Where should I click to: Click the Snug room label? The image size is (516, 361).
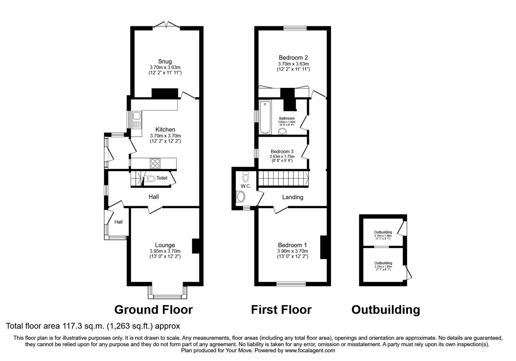click(165, 61)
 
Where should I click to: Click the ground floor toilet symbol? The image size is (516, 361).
click(150, 178)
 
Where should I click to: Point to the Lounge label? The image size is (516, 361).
click(165, 245)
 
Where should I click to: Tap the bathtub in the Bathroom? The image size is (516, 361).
click(265, 117)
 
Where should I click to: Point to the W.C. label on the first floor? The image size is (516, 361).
click(246, 186)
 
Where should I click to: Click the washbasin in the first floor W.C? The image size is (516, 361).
click(241, 196)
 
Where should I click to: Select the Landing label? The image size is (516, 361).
click(293, 197)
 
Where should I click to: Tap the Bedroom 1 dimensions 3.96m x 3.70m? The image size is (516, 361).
click(293, 251)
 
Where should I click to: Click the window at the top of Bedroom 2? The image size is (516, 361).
click(295, 28)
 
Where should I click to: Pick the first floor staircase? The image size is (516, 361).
click(283, 179)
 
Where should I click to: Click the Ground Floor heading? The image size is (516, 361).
click(154, 310)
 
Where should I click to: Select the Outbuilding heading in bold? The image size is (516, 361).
click(385, 310)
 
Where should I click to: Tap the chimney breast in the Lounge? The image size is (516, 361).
click(196, 246)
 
